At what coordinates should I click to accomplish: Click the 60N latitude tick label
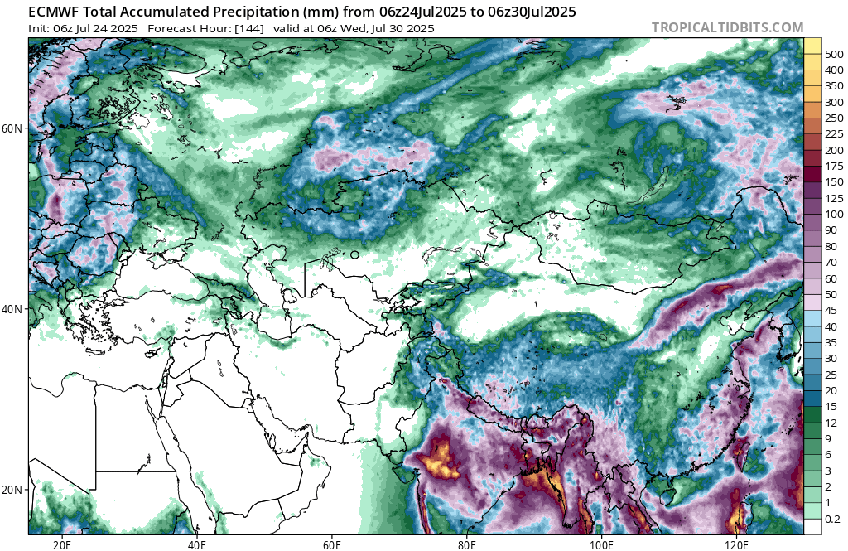[13, 128]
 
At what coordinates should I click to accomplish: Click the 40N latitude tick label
[13, 308]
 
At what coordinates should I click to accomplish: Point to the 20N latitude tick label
[13, 489]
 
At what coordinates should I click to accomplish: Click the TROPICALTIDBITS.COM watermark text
[727, 27]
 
